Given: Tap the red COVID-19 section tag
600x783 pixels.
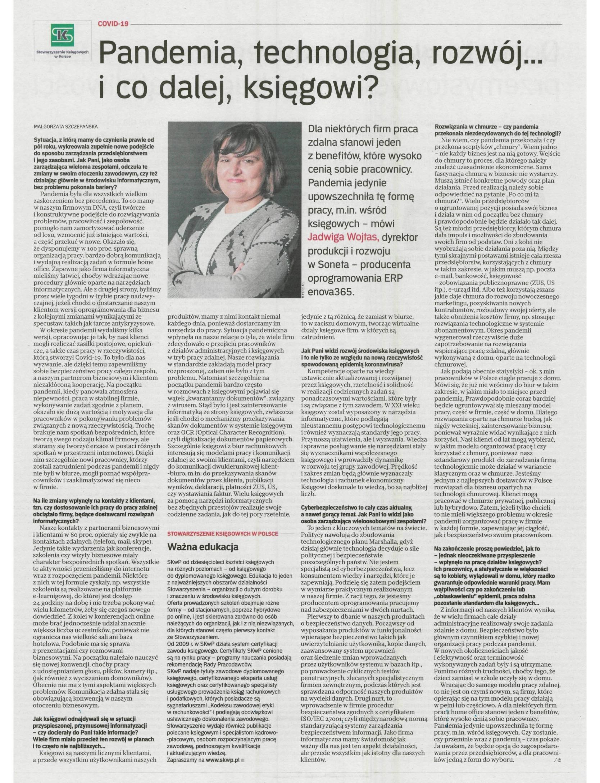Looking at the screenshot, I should pos(113,24).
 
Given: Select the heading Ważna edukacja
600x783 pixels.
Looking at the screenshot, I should pos(203,547).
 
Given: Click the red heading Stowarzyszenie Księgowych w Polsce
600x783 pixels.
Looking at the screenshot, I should pos(223,533).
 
